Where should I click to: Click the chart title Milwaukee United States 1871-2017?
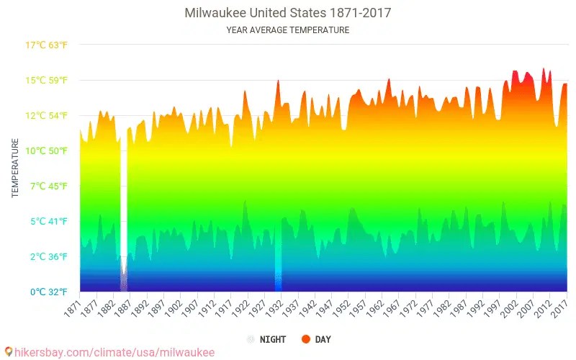287,13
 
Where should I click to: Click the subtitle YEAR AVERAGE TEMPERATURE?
287,30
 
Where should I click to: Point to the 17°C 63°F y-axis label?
47,45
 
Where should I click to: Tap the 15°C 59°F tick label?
47,80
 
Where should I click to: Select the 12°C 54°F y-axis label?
47,115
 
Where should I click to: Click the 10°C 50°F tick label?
47,150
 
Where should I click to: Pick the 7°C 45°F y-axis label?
47,186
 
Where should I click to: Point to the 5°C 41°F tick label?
47,221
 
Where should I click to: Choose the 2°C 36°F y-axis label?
47,256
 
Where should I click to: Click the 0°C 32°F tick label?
47,292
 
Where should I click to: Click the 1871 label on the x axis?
73,307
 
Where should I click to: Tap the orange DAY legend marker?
305,339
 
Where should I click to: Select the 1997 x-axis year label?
492,307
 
